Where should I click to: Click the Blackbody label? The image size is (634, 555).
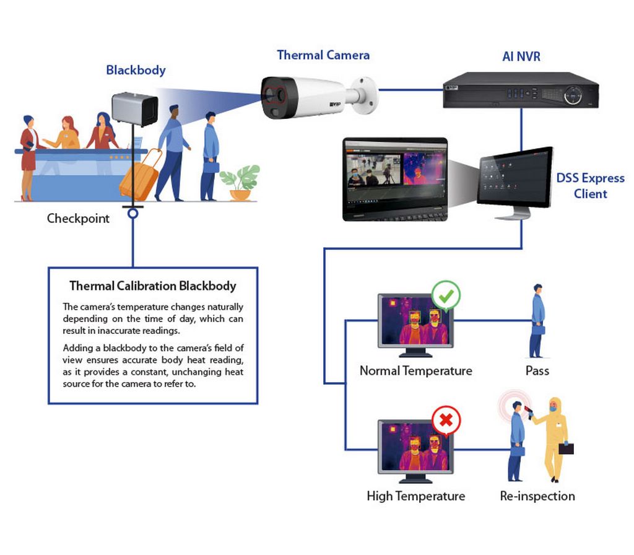coord(136,71)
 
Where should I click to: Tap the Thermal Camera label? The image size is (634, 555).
coord(323,55)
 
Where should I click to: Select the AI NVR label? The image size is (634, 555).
coord(521,56)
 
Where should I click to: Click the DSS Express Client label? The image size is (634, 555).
coord(590,186)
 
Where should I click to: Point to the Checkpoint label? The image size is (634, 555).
coord(78,219)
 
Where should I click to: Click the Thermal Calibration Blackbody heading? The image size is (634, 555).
coord(153,286)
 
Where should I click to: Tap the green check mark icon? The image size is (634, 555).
coord(446,296)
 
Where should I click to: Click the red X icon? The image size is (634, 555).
coord(446,421)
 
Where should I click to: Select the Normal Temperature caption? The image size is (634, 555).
coord(416,371)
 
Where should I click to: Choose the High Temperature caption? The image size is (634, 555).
coord(416,496)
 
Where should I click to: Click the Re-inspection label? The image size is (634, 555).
coord(537,496)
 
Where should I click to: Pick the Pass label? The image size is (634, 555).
coord(537,371)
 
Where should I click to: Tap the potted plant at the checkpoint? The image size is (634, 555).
coord(240,183)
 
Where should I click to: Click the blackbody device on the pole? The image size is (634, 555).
coord(134,109)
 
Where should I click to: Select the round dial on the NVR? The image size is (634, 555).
coord(573,95)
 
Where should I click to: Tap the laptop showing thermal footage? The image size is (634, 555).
coord(395,179)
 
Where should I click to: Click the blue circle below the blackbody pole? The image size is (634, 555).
coord(133,213)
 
